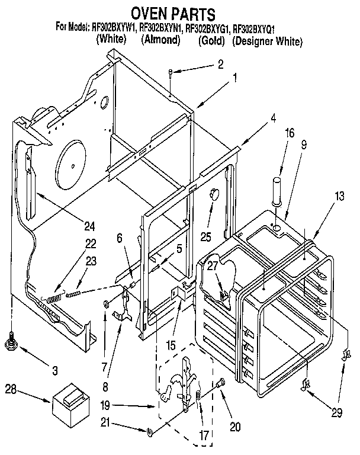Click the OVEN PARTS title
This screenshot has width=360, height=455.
tap(172, 12)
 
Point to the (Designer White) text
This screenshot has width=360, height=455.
tap(267, 41)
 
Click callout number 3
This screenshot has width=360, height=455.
tap(54, 370)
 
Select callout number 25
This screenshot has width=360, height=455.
tap(206, 238)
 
